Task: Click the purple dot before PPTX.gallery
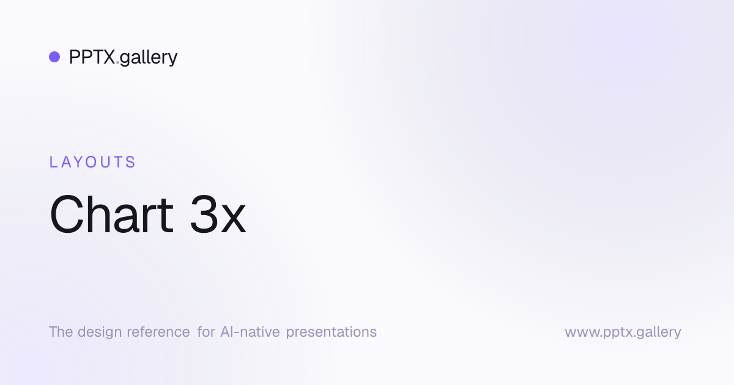(x=54, y=57)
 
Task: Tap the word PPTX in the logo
(x=92, y=57)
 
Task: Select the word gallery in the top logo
(x=149, y=58)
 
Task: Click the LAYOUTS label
(x=92, y=162)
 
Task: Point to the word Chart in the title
(x=111, y=214)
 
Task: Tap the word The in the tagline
(x=61, y=332)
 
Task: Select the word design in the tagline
(x=100, y=332)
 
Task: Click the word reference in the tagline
(x=158, y=332)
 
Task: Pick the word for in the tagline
(x=206, y=332)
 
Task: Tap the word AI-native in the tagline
(x=250, y=332)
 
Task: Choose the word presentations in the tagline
(x=332, y=332)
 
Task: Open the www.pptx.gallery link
(x=623, y=332)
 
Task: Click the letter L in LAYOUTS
(x=53, y=162)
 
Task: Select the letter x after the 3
(x=233, y=219)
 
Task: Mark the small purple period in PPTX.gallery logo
(x=117, y=63)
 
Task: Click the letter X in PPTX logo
(x=108, y=57)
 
